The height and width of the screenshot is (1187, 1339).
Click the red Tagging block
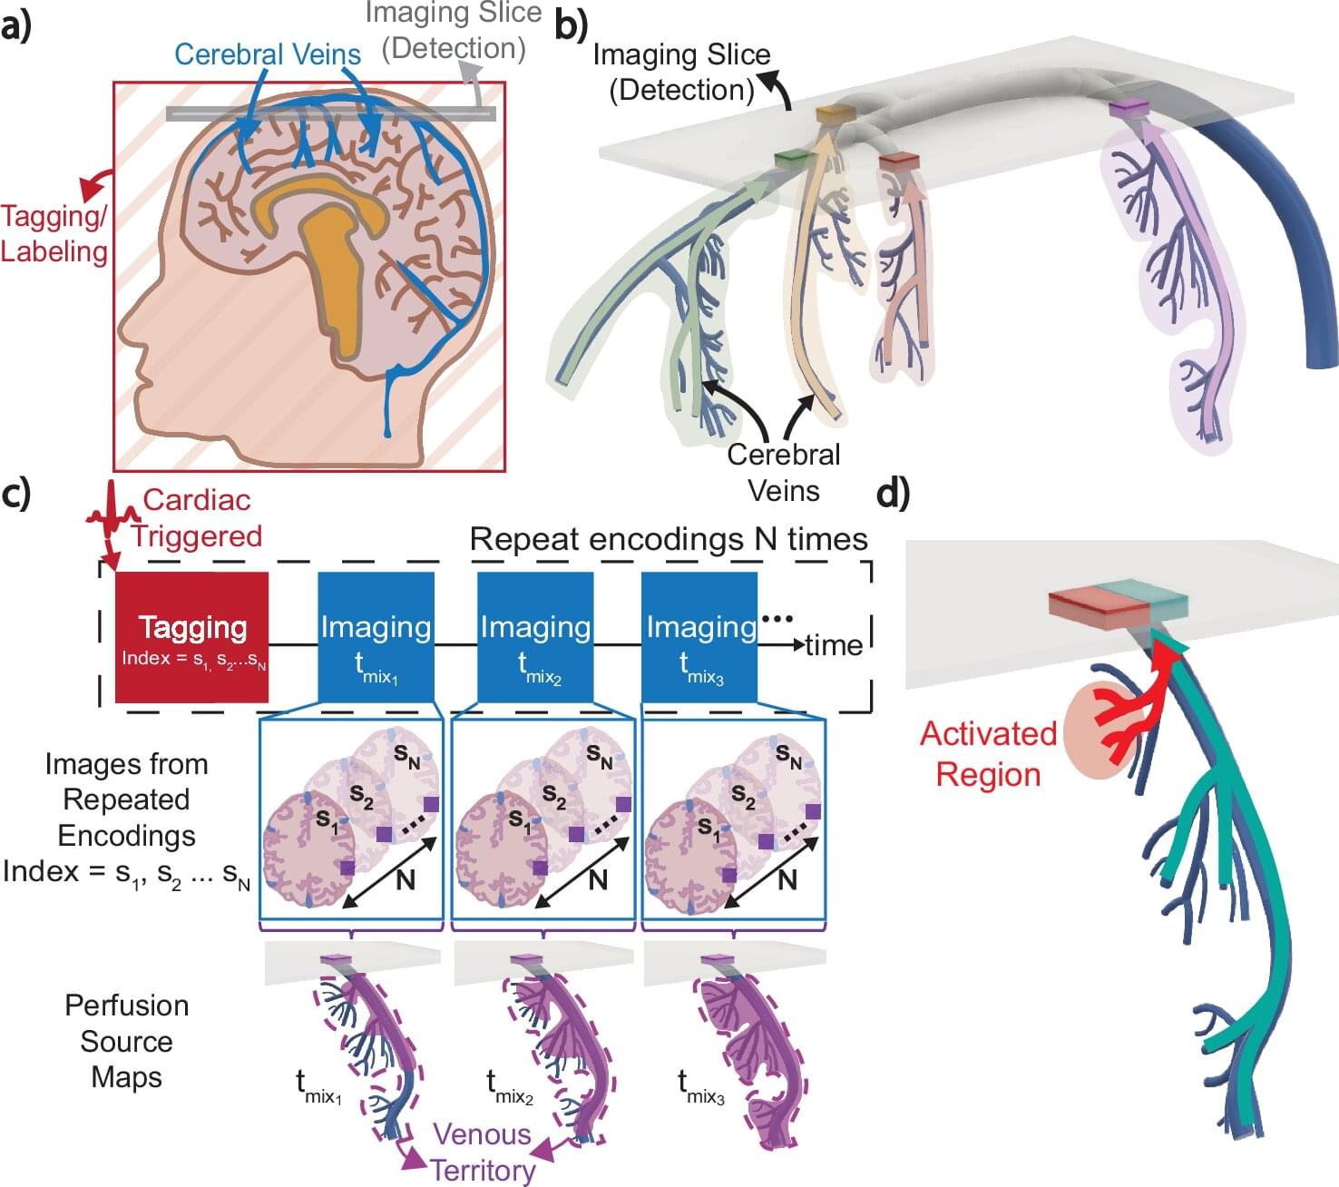(x=191, y=637)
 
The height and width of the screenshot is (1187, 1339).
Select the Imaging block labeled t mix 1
(x=376, y=637)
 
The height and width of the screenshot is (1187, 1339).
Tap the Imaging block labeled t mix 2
(x=535, y=637)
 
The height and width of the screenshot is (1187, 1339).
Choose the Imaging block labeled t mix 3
(x=699, y=637)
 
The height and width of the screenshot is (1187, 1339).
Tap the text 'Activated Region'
(x=988, y=753)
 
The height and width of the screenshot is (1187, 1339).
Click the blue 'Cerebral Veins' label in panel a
(x=268, y=54)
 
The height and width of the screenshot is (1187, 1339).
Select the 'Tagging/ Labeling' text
(x=54, y=233)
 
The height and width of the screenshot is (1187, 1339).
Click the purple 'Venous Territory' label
(x=483, y=1152)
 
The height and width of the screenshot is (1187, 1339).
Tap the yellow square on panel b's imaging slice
(x=835, y=114)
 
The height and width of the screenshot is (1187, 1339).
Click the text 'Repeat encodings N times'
(x=669, y=539)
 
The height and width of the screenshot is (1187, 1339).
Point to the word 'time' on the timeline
(x=833, y=645)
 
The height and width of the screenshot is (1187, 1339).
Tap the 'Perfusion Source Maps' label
(x=126, y=1041)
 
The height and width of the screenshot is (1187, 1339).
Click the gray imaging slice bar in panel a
(x=331, y=114)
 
